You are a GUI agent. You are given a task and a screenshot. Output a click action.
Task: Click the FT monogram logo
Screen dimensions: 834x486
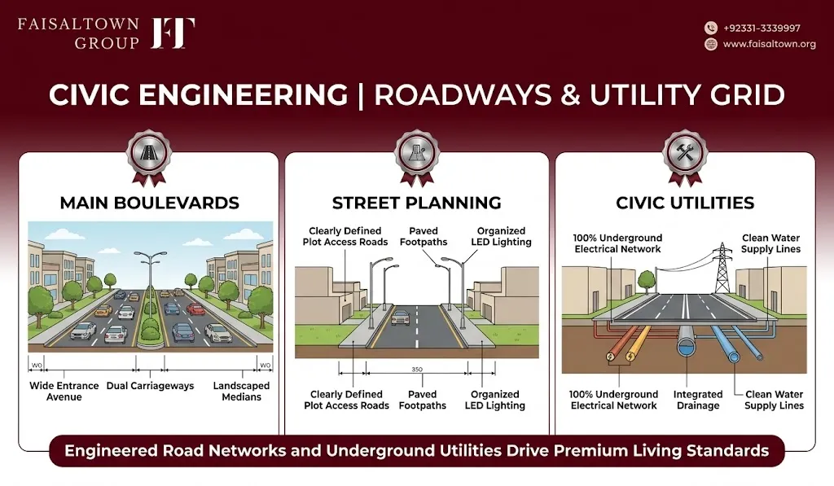(173, 33)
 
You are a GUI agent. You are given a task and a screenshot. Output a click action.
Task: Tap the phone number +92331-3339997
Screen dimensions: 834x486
(762, 28)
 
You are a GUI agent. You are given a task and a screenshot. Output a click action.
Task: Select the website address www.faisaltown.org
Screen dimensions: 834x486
(769, 44)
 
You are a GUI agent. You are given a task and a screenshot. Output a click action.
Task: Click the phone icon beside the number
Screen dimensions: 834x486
(710, 28)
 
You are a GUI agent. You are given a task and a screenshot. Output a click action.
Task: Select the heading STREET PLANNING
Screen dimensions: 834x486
(416, 203)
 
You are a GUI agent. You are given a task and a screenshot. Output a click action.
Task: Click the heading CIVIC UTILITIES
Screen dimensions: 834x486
(685, 203)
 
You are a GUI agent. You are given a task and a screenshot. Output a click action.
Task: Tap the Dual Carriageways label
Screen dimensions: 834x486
(150, 386)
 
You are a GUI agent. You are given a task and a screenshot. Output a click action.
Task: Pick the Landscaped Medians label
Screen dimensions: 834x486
(241, 392)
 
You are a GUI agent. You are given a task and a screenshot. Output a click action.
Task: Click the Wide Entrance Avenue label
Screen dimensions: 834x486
(64, 392)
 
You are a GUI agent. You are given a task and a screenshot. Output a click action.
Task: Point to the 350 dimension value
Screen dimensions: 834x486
(417, 369)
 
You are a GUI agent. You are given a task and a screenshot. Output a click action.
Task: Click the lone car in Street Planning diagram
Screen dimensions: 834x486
(401, 317)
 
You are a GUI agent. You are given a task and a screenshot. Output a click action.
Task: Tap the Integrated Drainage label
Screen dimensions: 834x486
(698, 400)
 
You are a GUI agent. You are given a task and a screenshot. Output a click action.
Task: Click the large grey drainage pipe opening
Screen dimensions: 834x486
(688, 348)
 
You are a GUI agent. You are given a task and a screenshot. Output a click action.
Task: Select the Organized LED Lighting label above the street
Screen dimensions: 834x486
(501, 236)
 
